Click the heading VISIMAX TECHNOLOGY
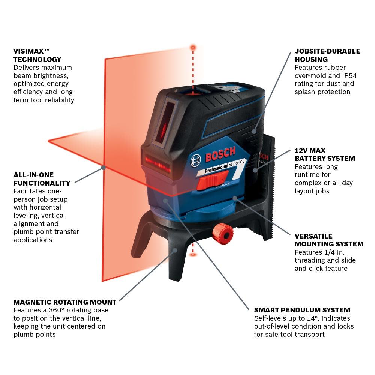(37, 55)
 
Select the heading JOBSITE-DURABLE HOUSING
(327, 55)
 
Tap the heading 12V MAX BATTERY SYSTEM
(324, 154)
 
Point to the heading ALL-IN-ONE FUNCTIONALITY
(42, 179)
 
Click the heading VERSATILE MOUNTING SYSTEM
(328, 240)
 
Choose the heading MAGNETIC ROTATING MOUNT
(64, 302)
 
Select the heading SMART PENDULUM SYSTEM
(302, 310)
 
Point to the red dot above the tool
(193, 48)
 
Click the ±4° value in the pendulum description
(309, 318)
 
